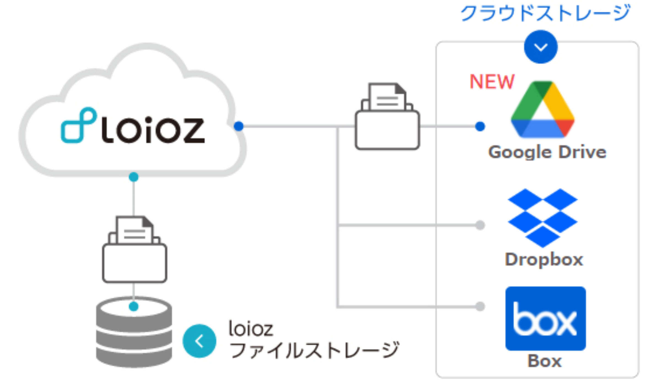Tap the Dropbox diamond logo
(x=543, y=218)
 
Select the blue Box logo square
(x=545, y=318)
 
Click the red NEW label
(x=492, y=82)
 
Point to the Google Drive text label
(x=547, y=152)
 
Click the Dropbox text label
(x=544, y=260)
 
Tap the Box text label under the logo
(x=545, y=361)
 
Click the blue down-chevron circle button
(x=541, y=47)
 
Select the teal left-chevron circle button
(x=199, y=341)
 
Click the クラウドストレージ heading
(x=545, y=13)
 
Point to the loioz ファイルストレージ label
(x=314, y=340)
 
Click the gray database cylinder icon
(x=134, y=332)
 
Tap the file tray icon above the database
(x=134, y=249)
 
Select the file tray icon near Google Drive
(x=387, y=116)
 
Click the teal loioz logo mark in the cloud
(x=79, y=125)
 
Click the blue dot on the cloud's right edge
(x=239, y=126)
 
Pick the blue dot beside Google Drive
(x=480, y=127)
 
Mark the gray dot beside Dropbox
(x=480, y=225)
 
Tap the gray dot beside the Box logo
(x=480, y=306)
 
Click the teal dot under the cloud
(x=134, y=177)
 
